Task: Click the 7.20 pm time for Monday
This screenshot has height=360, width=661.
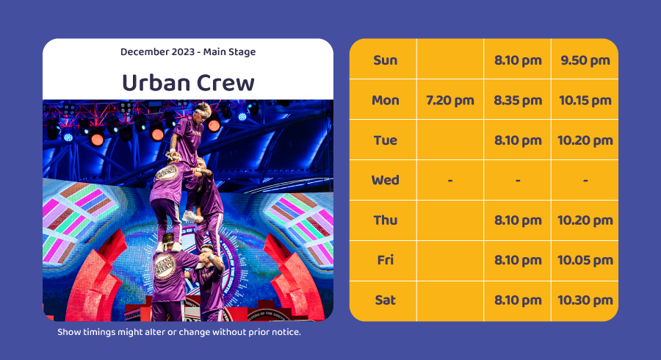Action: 449,101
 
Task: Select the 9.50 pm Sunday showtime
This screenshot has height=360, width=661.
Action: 585,60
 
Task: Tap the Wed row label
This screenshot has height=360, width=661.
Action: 386,180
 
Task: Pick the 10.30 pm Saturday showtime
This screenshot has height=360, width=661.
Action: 585,300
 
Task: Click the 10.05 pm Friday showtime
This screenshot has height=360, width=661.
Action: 585,260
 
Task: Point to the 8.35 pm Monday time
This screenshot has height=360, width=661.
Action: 518,101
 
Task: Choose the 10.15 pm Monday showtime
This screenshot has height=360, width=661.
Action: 585,101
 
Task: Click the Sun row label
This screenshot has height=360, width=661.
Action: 386,60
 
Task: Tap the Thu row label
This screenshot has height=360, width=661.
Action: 386,220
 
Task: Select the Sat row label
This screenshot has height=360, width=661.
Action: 386,300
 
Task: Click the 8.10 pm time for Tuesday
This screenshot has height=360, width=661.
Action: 518,140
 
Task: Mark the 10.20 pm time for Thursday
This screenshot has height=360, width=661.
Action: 585,220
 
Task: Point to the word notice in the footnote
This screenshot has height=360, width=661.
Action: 286,332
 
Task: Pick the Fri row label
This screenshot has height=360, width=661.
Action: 386,260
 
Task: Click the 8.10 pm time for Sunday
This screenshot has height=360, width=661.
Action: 518,60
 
